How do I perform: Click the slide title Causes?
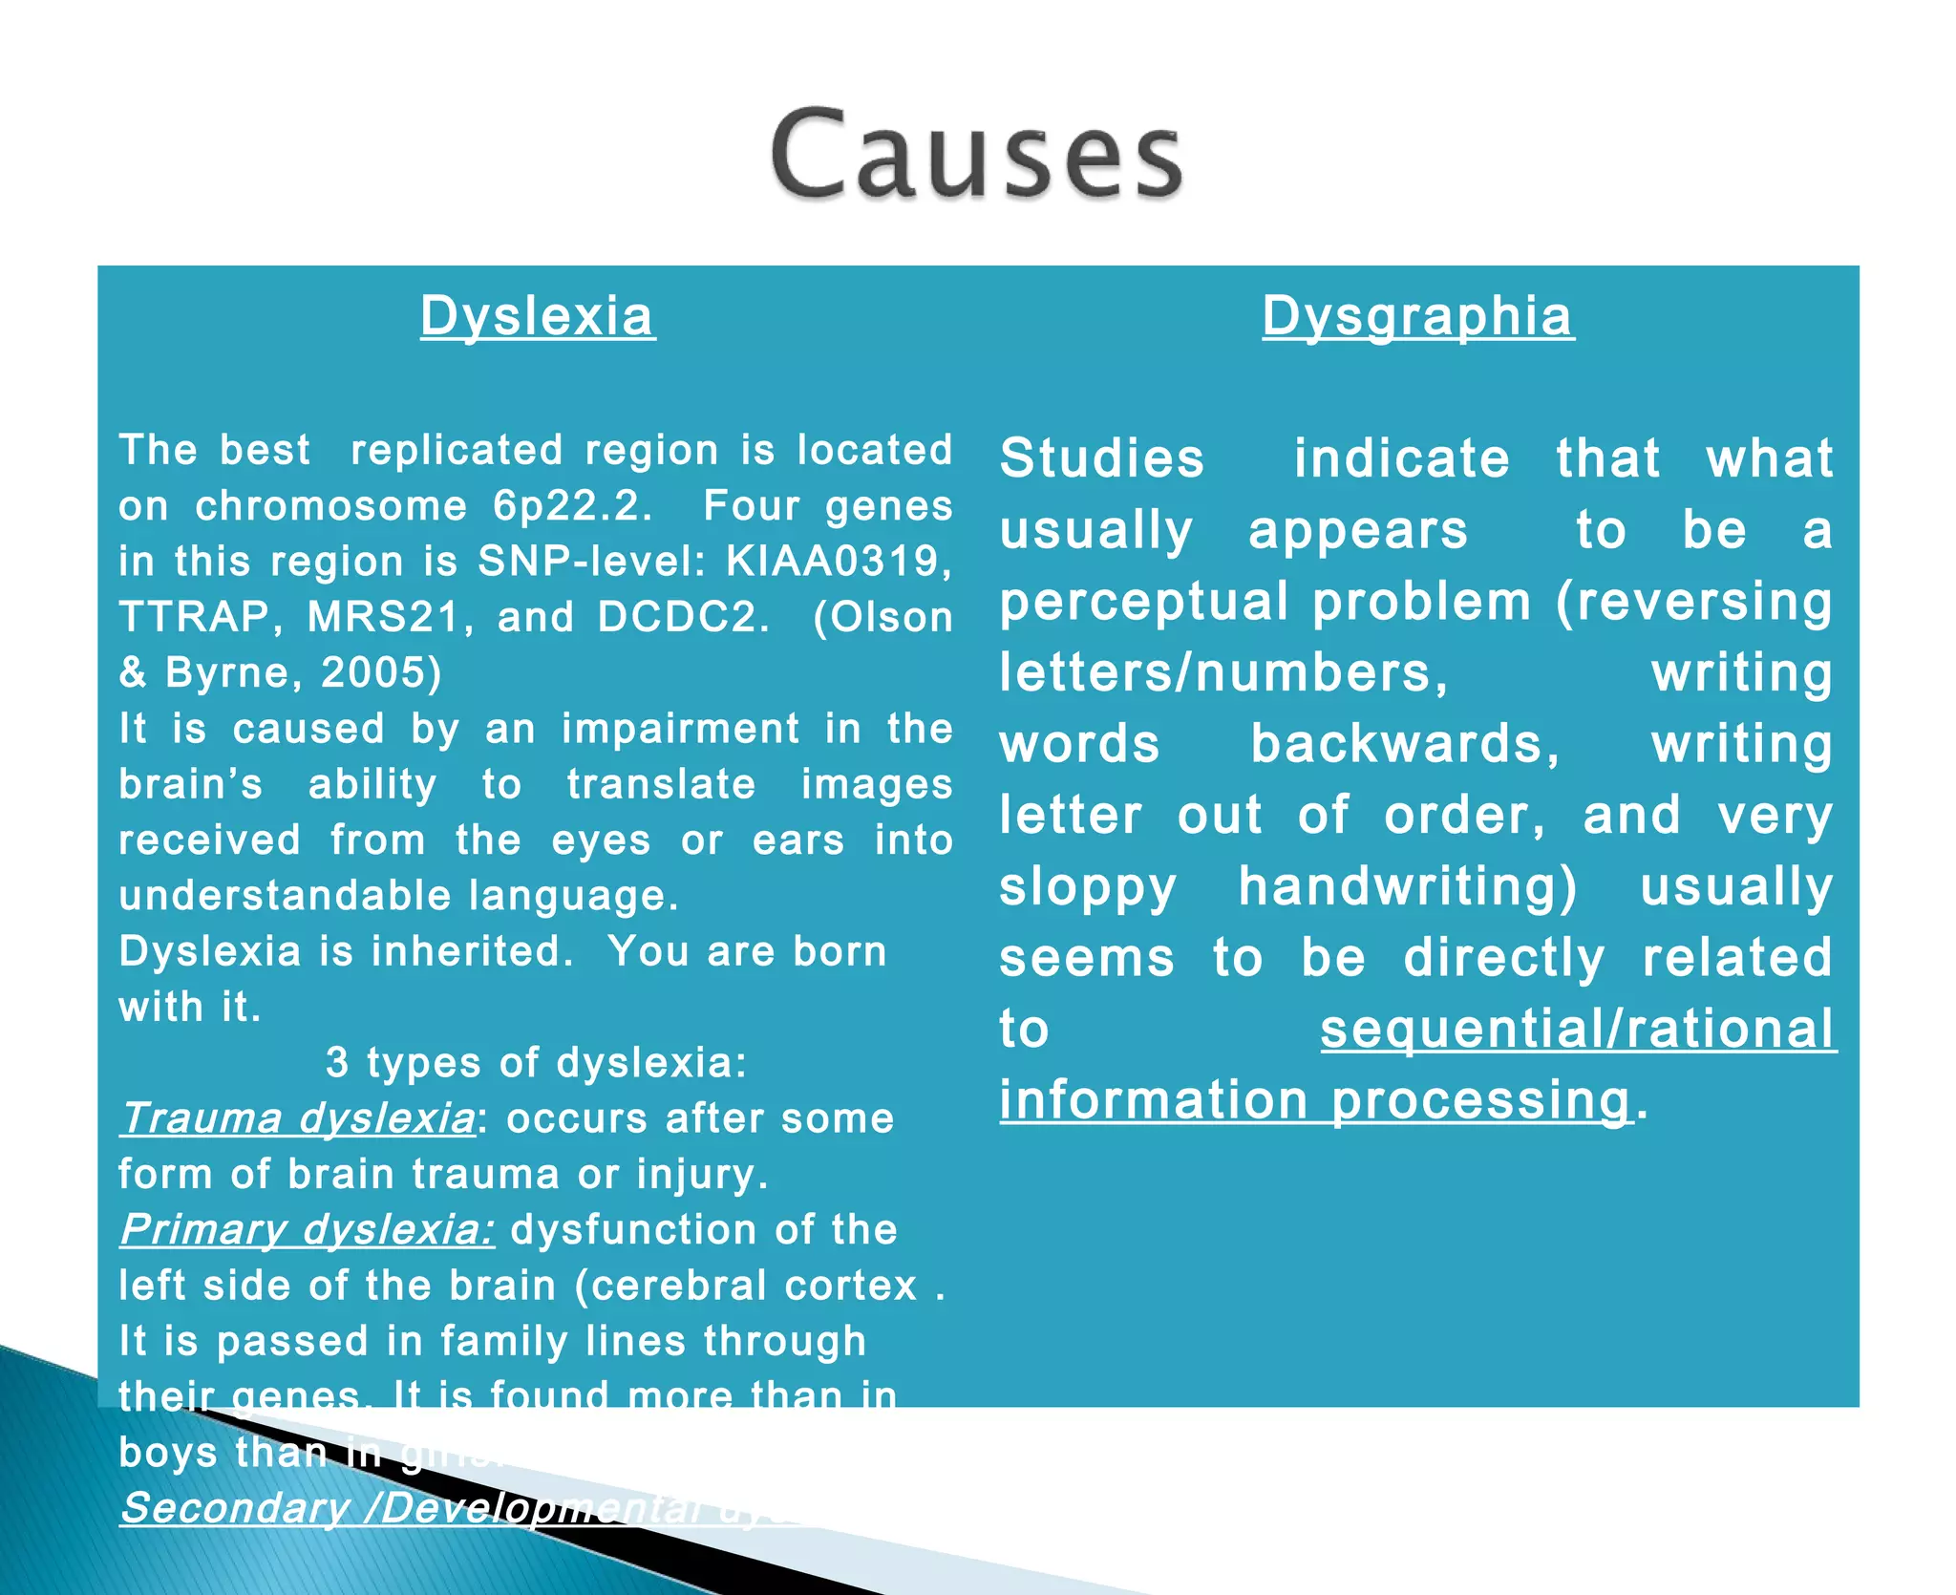(976, 155)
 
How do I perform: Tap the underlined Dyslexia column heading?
(538, 316)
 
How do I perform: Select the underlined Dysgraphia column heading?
(1418, 316)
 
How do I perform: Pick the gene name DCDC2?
(682, 617)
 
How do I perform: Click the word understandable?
(285, 896)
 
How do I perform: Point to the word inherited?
(472, 951)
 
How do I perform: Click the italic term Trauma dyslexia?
(298, 1118)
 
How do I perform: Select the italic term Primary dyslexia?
(308, 1230)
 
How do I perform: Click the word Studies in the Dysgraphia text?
(1102, 458)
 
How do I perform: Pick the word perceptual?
(1144, 602)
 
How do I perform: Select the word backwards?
(1404, 744)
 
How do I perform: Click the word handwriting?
(1407, 886)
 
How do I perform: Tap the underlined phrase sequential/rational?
(1578, 1029)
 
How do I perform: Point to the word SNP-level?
(591, 562)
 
